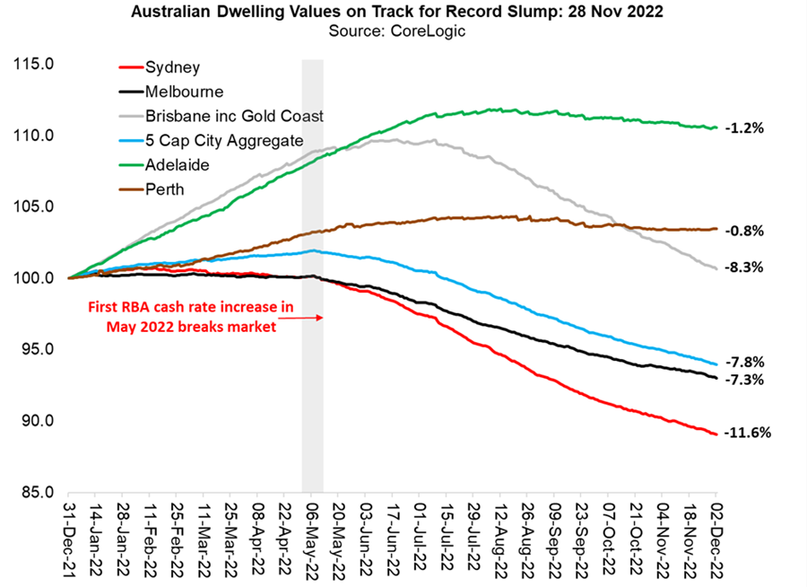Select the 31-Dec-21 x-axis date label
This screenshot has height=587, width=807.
point(68,539)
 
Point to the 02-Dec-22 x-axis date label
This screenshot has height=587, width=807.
point(716,539)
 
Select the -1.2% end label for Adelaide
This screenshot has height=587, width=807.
point(745,128)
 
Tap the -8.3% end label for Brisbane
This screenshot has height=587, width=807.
point(745,267)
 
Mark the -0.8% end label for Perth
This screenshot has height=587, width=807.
point(745,231)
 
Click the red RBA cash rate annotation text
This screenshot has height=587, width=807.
point(190,317)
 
